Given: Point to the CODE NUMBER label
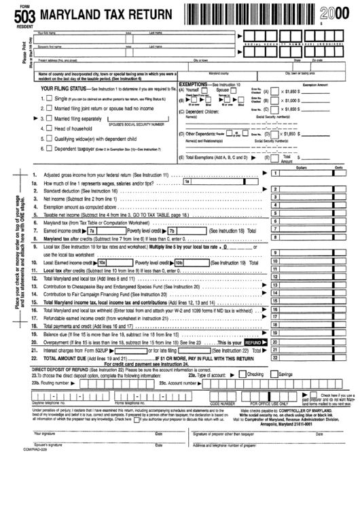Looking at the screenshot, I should click(222, 402).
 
